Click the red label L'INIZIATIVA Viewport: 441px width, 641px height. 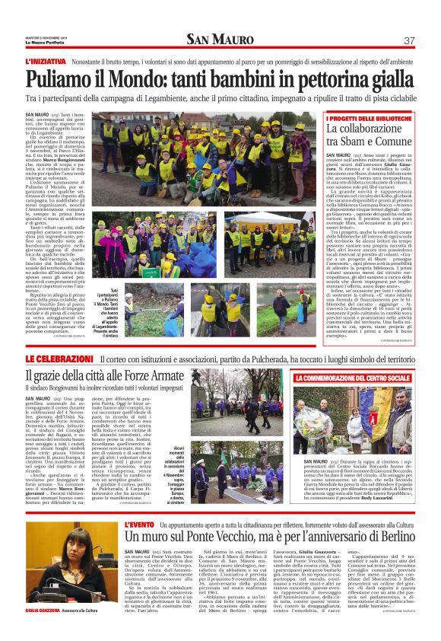[48, 60]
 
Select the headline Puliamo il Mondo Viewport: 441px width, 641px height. [220, 78]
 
